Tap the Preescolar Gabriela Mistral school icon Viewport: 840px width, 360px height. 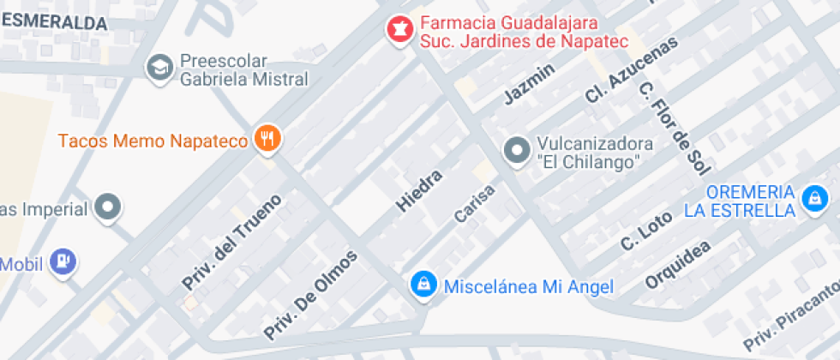(x=159, y=68)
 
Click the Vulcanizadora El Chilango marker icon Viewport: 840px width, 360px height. (x=516, y=151)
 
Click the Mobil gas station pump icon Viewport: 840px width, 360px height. (x=63, y=262)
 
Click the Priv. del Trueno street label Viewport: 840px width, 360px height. (x=231, y=242)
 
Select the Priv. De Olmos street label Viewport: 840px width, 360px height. (x=310, y=294)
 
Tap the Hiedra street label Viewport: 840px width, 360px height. (x=418, y=191)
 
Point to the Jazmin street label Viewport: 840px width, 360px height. (x=530, y=83)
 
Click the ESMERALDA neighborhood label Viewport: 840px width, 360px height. (x=55, y=24)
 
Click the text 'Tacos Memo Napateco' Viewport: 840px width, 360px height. (x=153, y=140)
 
